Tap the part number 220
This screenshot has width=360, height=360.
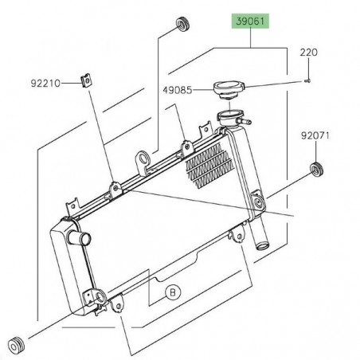point(308,52)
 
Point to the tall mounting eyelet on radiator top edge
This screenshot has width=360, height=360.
point(143,162)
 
